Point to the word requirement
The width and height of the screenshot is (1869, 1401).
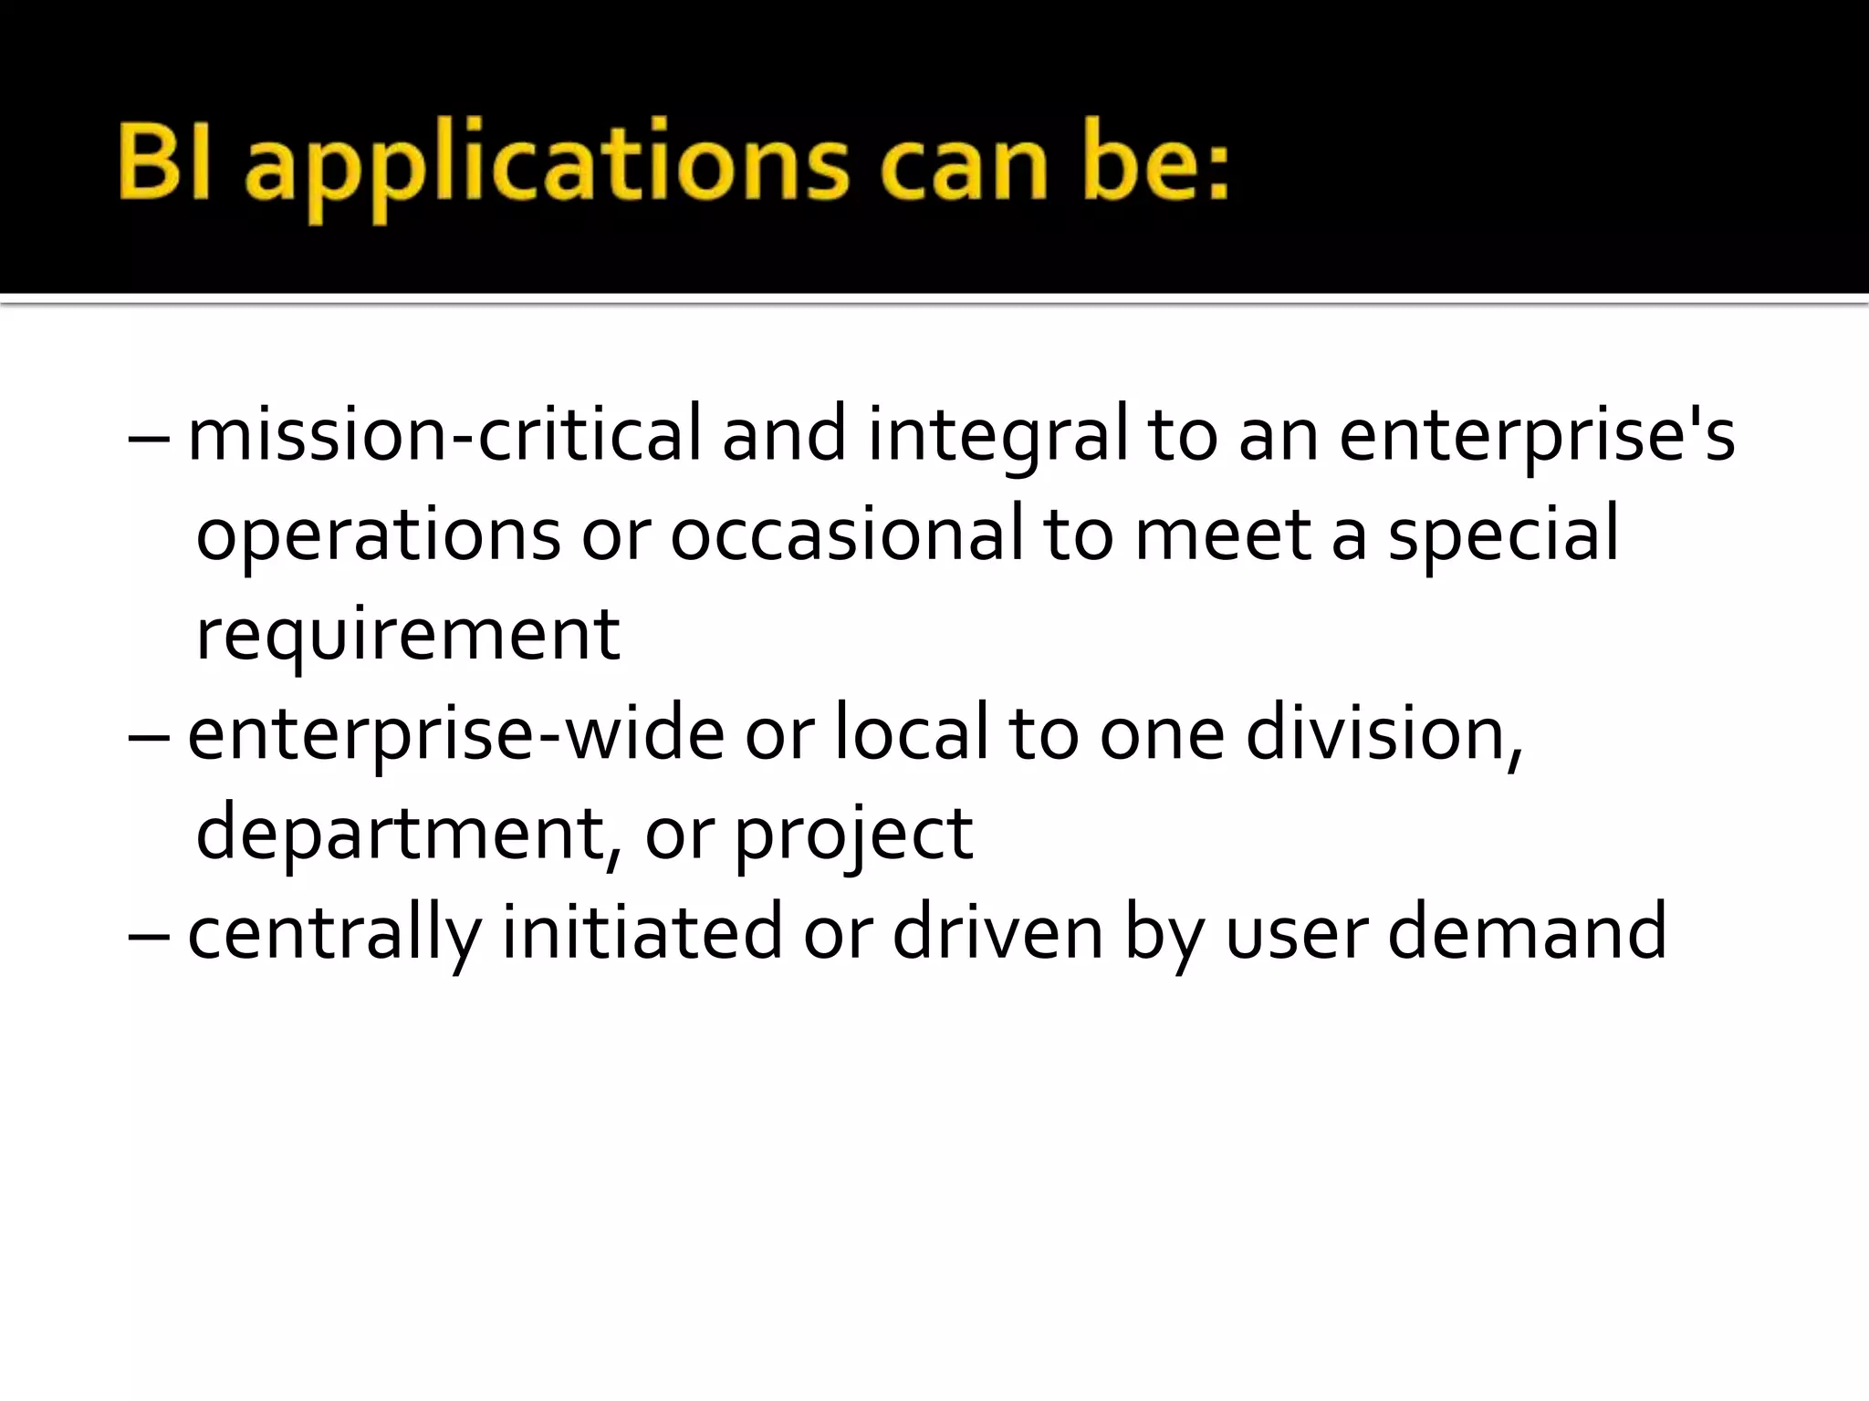(408, 635)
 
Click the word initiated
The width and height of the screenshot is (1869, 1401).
(642, 932)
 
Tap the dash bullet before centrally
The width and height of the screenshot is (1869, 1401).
(149, 936)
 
